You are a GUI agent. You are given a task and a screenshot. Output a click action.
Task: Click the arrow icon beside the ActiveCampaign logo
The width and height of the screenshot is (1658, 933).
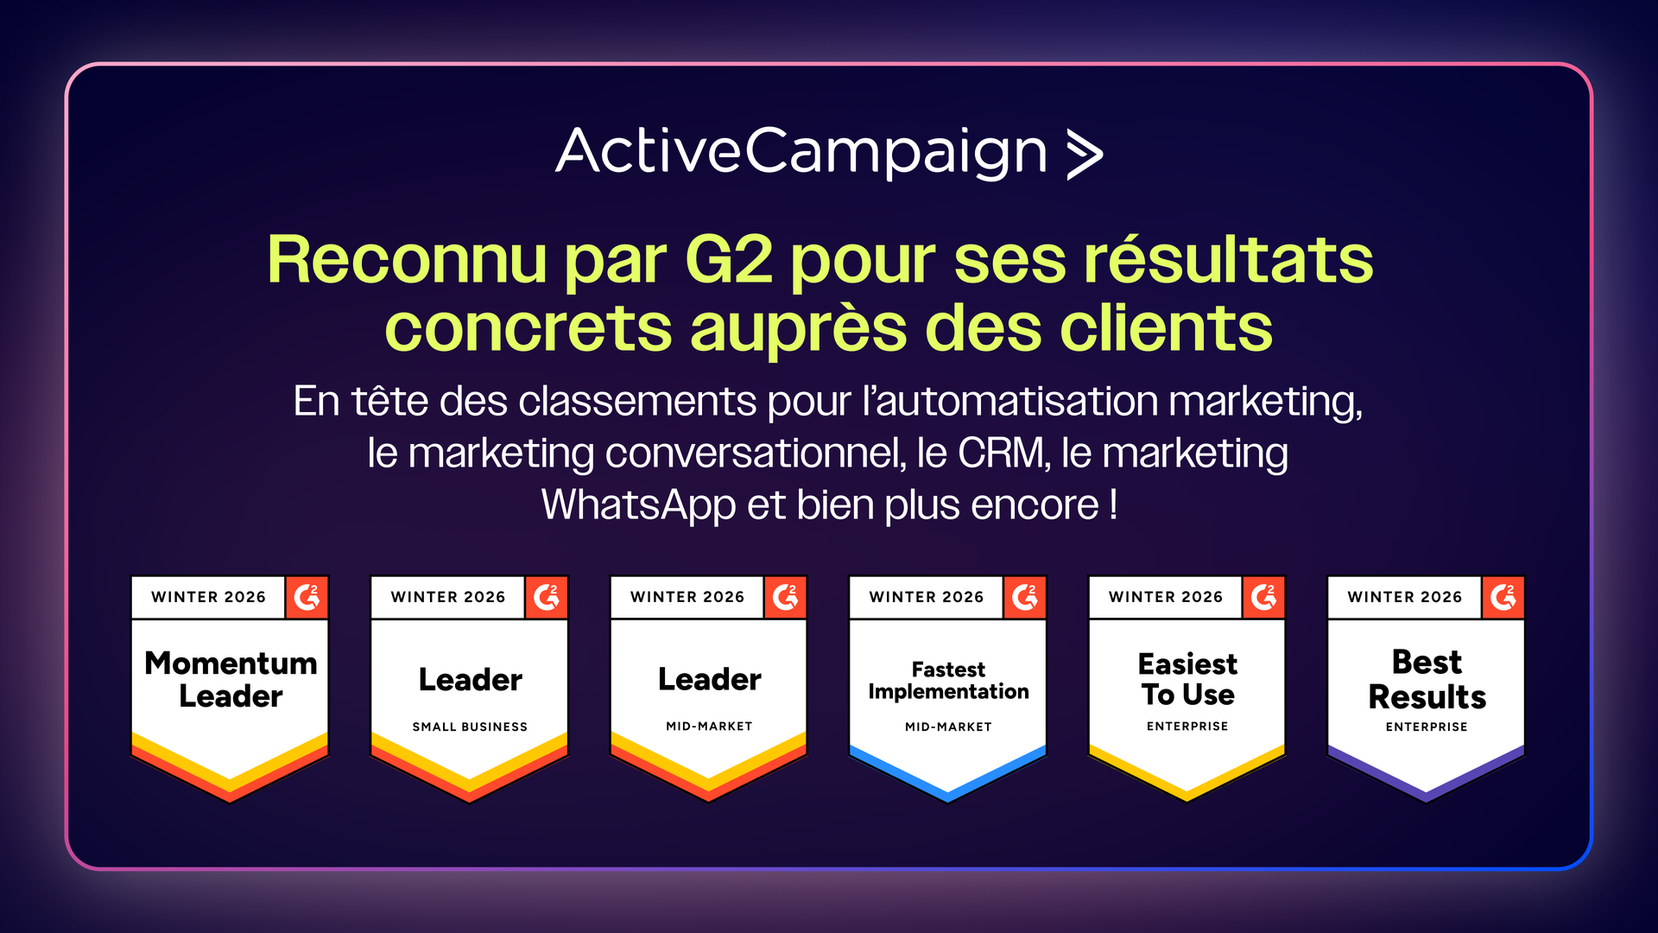(x=1085, y=155)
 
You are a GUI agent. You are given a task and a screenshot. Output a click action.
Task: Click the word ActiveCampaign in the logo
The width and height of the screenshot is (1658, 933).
(x=801, y=153)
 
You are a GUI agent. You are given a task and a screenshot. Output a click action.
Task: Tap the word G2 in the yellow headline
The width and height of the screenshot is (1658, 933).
(x=728, y=259)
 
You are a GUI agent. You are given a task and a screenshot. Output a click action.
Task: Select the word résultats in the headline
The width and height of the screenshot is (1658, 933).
(x=1229, y=259)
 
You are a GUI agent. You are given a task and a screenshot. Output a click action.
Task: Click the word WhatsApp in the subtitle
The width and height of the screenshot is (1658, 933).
(x=638, y=505)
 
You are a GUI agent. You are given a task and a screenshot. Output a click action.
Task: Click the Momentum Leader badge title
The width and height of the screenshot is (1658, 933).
(x=231, y=679)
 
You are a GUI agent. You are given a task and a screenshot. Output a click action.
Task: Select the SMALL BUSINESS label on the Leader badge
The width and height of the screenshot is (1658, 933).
(x=470, y=727)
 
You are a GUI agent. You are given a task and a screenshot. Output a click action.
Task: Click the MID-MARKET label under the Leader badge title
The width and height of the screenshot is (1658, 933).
(x=709, y=727)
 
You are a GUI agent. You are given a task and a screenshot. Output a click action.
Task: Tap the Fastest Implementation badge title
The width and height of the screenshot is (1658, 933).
(x=948, y=681)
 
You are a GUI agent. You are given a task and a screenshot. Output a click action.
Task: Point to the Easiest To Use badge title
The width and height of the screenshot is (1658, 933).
(x=1187, y=679)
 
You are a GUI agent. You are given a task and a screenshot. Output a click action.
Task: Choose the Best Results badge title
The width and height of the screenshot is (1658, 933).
(x=1427, y=679)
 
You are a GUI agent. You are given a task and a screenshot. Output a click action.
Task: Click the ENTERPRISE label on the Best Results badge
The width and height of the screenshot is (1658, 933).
(x=1427, y=727)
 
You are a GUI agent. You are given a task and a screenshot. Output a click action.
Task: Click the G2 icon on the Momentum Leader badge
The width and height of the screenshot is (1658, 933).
(x=307, y=597)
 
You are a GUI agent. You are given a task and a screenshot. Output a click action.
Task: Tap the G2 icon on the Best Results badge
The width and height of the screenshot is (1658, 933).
(x=1503, y=597)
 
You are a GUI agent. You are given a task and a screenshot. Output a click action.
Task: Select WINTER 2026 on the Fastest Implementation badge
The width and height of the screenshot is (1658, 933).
(x=927, y=597)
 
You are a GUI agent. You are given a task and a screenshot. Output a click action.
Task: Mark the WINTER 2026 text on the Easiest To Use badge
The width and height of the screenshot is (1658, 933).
(x=1166, y=597)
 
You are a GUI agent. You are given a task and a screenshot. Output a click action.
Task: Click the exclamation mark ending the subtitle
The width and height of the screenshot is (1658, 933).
(x=1114, y=504)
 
